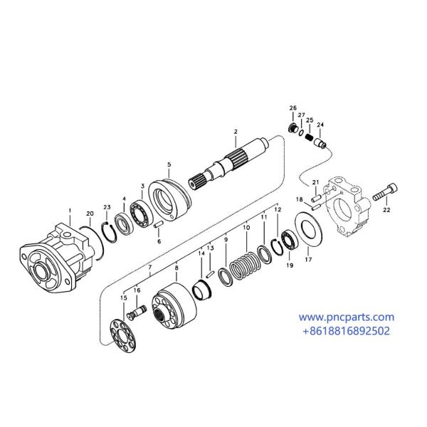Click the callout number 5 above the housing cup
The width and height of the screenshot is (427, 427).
tap(169, 164)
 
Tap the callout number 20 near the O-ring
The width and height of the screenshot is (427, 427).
tap(90, 213)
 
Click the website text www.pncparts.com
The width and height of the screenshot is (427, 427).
tap(345, 317)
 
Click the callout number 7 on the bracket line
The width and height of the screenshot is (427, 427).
tap(150, 268)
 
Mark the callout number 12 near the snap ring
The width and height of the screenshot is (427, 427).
tap(278, 210)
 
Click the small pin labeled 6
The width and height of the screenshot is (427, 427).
tap(159, 228)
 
